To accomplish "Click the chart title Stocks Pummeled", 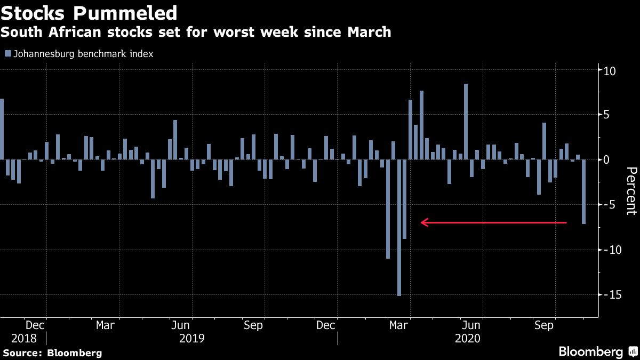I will (89, 12).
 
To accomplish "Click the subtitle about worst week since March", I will (196, 32).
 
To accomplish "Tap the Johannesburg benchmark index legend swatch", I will (7, 53).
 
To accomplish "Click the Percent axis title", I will (631, 190).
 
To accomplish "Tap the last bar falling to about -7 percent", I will (583, 191).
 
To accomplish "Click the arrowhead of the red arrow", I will (423, 222).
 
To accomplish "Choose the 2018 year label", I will (24, 338).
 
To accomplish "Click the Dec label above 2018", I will (35, 325).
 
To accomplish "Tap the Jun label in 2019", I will (181, 325).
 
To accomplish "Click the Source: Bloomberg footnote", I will (52, 353).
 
